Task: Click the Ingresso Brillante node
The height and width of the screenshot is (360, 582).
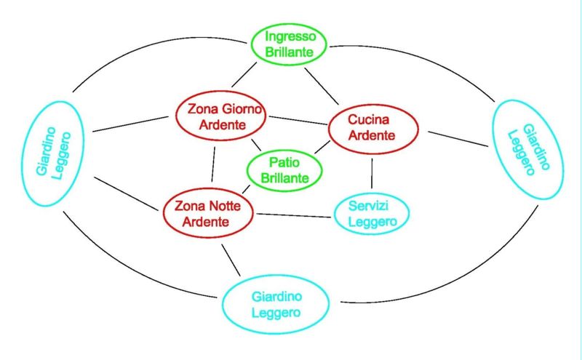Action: click(290, 44)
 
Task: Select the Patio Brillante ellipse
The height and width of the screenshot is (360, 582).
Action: click(284, 169)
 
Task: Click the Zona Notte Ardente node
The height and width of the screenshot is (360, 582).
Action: click(208, 213)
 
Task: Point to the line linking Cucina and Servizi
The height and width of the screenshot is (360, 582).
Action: click(372, 175)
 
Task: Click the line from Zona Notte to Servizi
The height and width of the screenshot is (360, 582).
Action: click(293, 215)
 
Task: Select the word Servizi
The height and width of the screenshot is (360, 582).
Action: click(371, 207)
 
